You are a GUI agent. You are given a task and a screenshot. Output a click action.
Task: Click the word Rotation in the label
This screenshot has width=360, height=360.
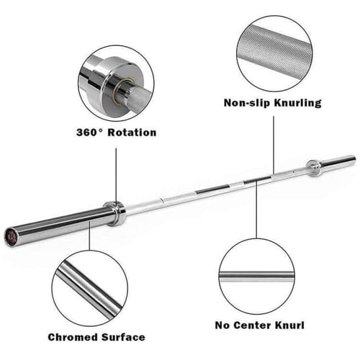132,132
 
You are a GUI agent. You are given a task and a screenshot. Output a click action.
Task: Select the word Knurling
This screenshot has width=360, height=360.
297,103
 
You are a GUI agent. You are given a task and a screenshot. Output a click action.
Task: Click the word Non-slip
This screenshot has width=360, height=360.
247,103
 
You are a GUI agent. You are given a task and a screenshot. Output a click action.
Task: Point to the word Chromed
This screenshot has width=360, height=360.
73,337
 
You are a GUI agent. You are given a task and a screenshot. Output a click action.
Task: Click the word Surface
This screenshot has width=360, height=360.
123,337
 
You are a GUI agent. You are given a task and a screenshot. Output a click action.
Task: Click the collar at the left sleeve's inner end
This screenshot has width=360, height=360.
114,214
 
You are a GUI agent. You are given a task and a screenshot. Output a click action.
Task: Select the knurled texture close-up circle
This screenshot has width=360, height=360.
274,54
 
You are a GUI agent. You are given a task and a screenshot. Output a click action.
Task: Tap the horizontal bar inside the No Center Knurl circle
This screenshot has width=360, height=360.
256,276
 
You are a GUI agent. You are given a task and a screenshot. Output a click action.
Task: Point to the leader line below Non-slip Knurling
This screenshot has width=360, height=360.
274,145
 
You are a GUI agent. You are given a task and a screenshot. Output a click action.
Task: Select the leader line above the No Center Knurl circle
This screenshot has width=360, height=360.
256,210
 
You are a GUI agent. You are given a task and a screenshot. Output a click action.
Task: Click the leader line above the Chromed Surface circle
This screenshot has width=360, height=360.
90,235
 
